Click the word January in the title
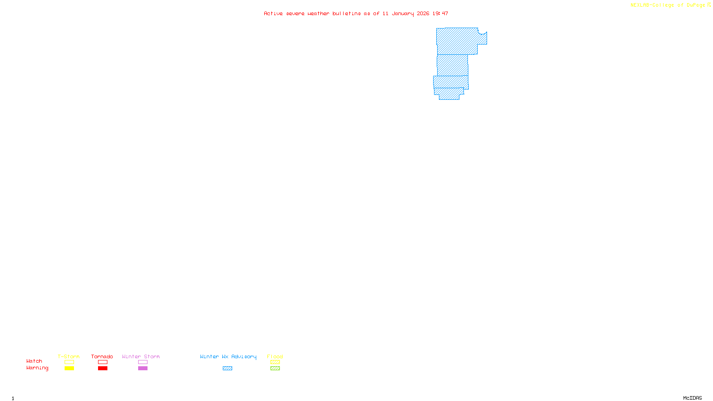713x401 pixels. click(402, 13)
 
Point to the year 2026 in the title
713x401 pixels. click(423, 13)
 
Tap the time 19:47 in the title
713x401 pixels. click(440, 13)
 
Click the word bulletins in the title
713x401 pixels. click(347, 13)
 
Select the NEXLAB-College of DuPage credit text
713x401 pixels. click(668, 5)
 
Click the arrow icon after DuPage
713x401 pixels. click(709, 5)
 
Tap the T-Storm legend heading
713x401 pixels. click(69, 356)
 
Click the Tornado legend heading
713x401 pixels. click(102, 356)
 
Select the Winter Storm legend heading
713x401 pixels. click(141, 356)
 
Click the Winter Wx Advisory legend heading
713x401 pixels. click(228, 356)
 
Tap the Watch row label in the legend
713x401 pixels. click(34, 361)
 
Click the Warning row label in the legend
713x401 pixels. click(37, 368)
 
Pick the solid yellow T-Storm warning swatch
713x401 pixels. click(69, 368)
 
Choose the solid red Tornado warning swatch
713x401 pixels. click(102, 368)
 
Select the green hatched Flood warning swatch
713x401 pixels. click(275, 368)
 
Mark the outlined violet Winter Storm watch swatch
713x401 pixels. click(143, 362)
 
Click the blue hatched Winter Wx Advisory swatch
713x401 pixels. click(227, 368)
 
